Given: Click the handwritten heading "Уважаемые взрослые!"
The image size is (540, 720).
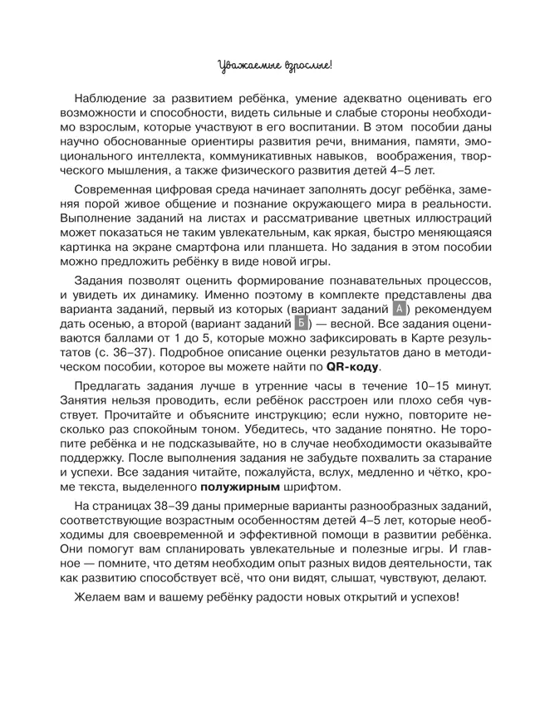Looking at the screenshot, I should click(x=270, y=62).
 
